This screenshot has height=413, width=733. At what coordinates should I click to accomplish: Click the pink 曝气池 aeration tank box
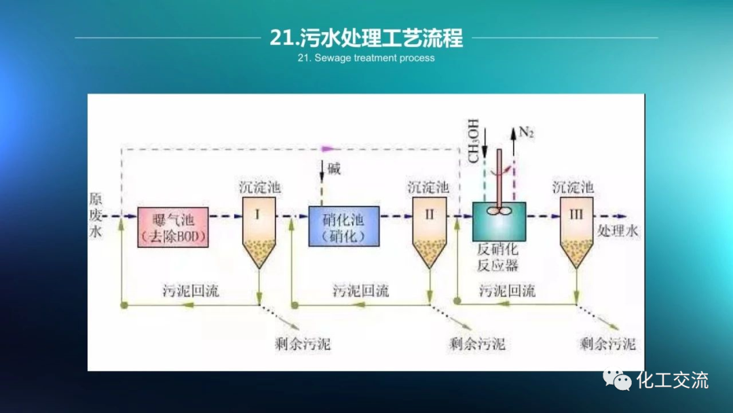tap(172, 228)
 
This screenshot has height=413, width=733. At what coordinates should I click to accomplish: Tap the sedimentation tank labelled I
tap(259, 230)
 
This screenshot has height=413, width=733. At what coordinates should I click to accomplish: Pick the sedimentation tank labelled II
tap(429, 230)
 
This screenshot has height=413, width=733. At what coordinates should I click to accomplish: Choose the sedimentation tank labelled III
tap(576, 230)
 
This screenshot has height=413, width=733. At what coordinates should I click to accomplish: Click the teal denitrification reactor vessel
tap(499, 221)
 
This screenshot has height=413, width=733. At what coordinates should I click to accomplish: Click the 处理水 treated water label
tap(618, 231)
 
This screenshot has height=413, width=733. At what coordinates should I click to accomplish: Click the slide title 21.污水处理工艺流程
tap(366, 37)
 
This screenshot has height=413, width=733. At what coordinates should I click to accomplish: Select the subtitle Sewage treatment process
tap(366, 58)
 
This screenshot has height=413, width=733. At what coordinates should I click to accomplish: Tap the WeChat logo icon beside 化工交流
tap(618, 379)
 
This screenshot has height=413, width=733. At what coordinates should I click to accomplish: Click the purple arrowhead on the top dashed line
tap(328, 148)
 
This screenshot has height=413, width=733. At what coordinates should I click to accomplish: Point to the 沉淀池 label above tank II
tap(428, 186)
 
